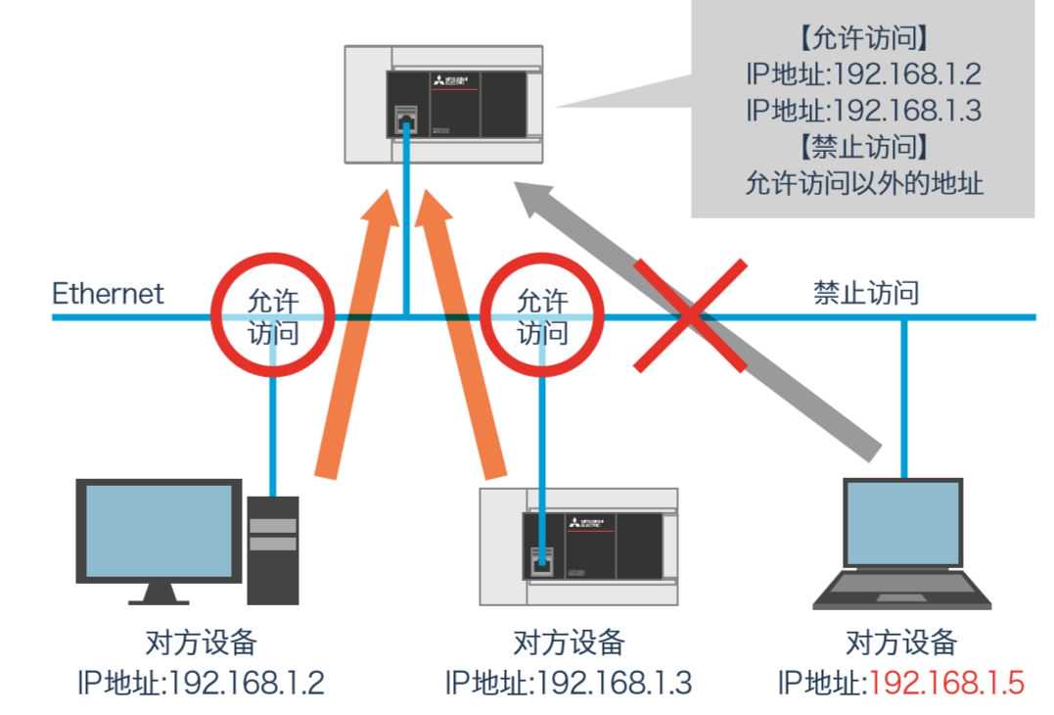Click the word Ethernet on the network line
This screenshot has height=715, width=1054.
coord(108,293)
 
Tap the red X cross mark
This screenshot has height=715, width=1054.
coord(691,315)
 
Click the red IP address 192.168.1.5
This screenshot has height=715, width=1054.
coord(947,682)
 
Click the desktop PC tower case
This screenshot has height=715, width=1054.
coord(272,548)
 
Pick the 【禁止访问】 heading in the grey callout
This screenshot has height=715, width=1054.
coord(862,148)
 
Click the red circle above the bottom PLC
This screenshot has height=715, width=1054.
coord(541,315)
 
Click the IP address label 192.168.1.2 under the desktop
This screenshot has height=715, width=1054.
coord(247,682)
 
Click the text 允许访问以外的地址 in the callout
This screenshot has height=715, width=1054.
coord(862,183)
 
